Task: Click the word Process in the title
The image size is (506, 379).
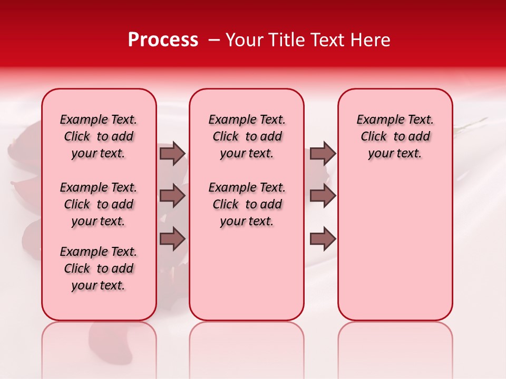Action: (x=163, y=40)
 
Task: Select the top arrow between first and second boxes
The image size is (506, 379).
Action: (x=172, y=153)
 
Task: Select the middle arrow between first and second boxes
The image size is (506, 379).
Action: (x=172, y=196)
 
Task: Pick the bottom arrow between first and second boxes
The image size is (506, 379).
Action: (x=172, y=238)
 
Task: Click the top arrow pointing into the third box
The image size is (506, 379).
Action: (x=323, y=153)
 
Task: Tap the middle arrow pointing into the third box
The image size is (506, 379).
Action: (x=323, y=196)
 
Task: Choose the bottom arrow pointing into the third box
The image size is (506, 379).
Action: (x=323, y=238)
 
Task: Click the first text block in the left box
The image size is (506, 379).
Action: (x=99, y=136)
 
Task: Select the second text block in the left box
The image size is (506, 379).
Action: (x=99, y=204)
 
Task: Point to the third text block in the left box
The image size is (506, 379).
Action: (x=99, y=268)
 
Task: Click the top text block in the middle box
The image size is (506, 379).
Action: (x=247, y=136)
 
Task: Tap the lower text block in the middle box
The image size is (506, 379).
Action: (x=247, y=204)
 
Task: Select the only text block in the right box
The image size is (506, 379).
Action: (x=395, y=136)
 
